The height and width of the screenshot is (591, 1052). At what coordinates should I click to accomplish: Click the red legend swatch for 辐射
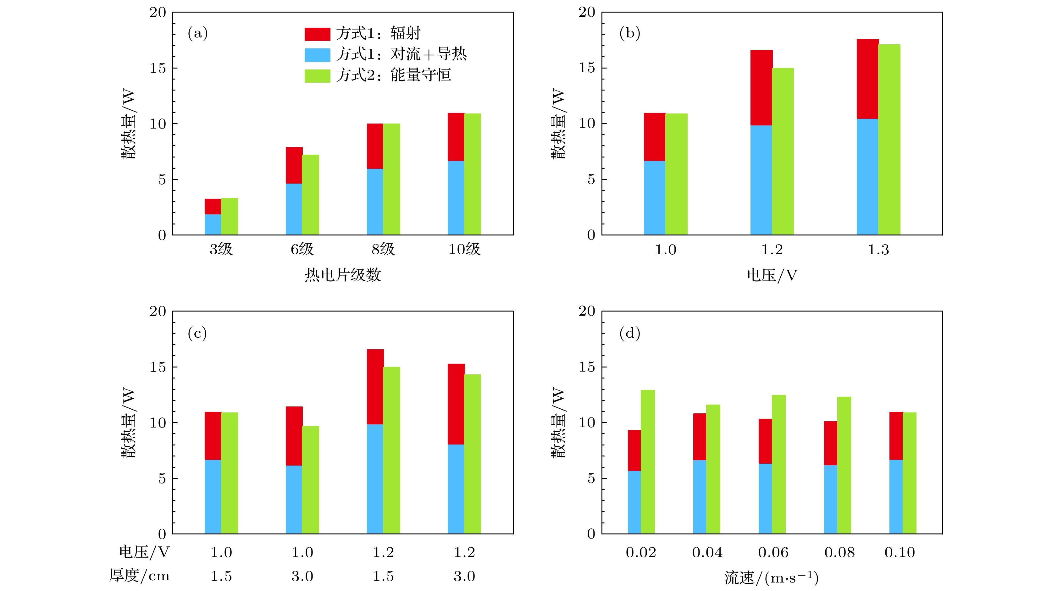point(317,34)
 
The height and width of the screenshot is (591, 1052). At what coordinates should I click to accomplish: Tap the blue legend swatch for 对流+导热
point(317,55)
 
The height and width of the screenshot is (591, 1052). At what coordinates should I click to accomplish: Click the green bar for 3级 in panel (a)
point(229,217)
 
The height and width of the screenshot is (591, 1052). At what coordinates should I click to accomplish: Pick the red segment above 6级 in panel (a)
point(294,165)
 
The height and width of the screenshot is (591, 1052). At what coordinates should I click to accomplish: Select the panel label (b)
point(629,33)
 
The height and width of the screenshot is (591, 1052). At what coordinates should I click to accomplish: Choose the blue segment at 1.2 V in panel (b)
point(761,180)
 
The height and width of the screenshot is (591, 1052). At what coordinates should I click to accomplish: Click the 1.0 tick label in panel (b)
point(665,250)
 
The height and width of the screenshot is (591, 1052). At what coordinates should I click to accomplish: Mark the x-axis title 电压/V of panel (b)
point(772,275)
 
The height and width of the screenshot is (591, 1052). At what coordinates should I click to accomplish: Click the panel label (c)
point(197,333)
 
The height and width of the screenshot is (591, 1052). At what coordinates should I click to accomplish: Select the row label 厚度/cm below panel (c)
point(139,576)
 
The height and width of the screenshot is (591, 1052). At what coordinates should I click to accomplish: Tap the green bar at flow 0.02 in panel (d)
point(648,461)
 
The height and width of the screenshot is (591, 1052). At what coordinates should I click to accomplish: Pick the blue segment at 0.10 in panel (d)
point(896,497)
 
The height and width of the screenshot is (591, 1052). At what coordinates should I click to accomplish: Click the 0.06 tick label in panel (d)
point(773,553)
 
